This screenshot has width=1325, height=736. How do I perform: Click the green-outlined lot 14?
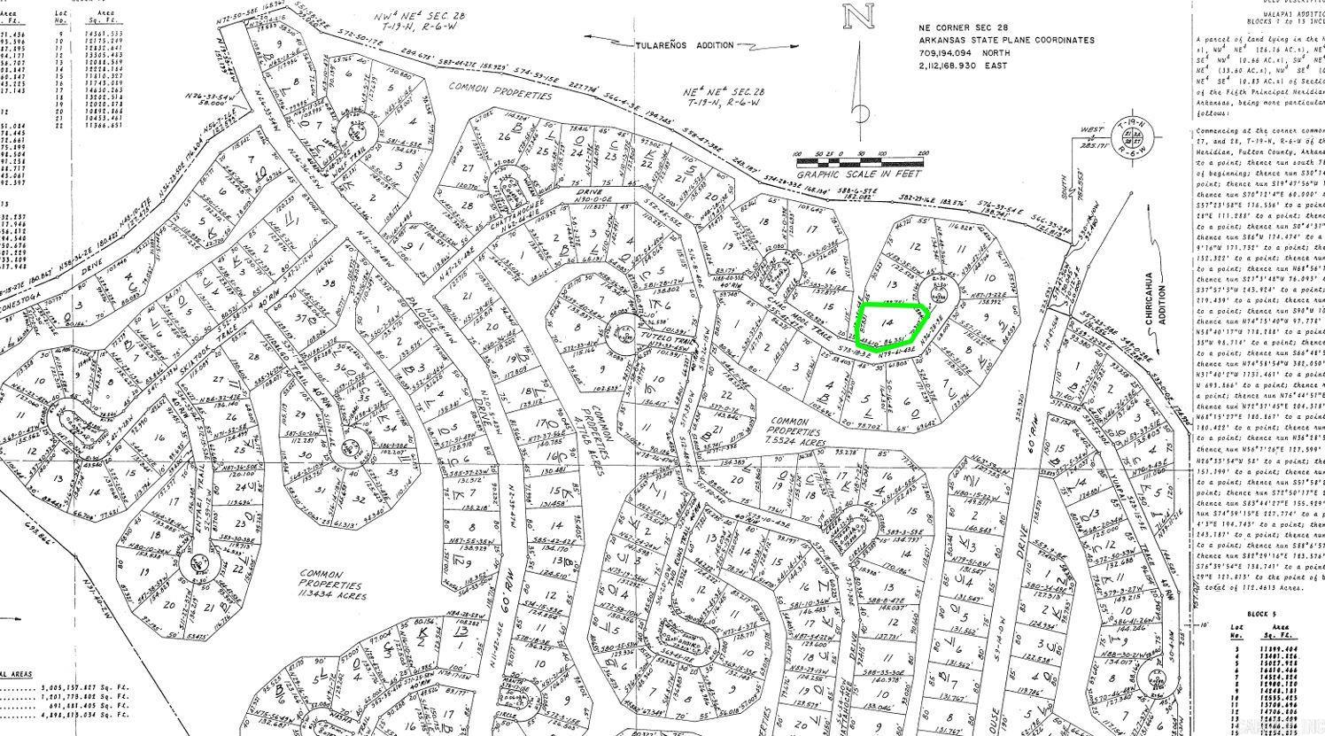pyautogui.click(x=890, y=324)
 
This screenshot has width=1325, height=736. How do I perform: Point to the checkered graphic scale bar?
pyautogui.click(x=859, y=161)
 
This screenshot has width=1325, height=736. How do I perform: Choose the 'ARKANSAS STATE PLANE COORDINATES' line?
pyautogui.click(x=1006, y=41)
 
